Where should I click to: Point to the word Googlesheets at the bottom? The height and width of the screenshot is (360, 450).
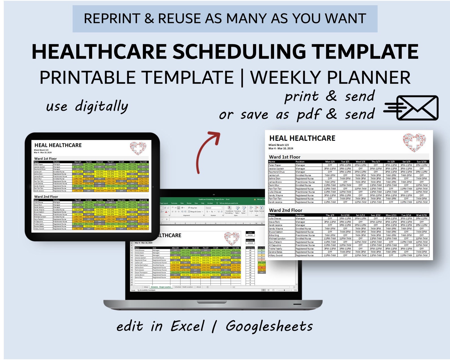(x=269, y=326)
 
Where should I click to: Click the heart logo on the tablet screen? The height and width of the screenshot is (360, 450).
(x=138, y=148)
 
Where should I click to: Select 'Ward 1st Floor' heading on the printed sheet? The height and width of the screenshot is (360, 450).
(x=285, y=157)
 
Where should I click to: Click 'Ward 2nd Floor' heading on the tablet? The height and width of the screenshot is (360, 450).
(x=46, y=196)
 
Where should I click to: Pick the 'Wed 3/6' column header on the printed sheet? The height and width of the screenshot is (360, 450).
(x=360, y=162)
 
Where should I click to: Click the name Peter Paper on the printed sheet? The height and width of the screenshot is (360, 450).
(x=275, y=165)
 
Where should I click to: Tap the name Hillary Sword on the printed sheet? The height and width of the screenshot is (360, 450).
(x=275, y=255)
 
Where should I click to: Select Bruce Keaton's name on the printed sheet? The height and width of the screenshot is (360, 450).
(x=275, y=232)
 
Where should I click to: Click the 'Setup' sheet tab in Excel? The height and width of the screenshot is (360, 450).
(x=146, y=287)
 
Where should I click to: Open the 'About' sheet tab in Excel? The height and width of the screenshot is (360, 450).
(x=199, y=287)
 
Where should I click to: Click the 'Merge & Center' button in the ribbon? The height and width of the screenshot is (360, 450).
(x=195, y=211)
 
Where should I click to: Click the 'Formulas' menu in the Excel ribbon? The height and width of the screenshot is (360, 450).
(x=174, y=203)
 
